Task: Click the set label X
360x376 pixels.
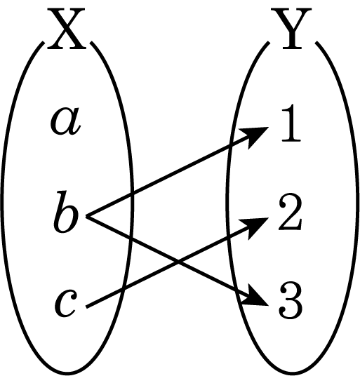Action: (66, 29)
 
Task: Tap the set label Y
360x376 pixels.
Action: (291, 29)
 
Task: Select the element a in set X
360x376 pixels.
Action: (65, 121)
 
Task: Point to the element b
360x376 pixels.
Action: (66, 212)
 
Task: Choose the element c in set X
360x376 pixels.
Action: (66, 302)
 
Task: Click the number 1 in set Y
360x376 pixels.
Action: (291, 123)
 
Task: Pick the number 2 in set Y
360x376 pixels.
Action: (290, 212)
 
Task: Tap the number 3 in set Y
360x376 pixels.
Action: (290, 301)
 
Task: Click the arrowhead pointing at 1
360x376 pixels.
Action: (255, 136)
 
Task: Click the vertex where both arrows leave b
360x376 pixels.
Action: (87, 216)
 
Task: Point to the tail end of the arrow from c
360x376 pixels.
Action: (87, 307)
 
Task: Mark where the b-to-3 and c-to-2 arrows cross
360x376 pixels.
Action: (178, 262)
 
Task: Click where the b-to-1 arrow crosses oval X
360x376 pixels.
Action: (132, 194)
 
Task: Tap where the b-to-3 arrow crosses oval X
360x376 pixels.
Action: (131, 239)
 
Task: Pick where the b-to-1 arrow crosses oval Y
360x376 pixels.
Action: (231, 145)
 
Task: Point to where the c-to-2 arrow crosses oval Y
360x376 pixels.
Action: (228, 236)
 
